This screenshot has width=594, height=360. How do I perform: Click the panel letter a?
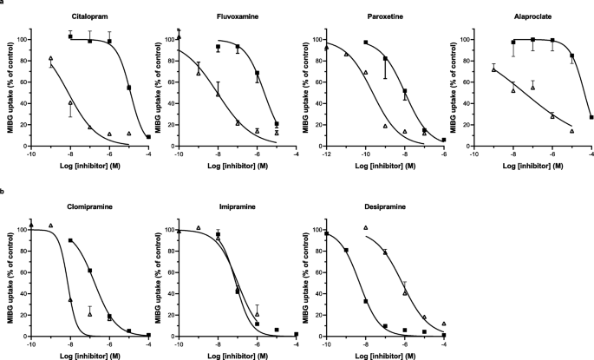[x=3, y=3]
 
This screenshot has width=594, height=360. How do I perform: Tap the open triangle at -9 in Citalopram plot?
[x=51, y=59]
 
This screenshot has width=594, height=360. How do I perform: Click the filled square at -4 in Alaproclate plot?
[x=591, y=117]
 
